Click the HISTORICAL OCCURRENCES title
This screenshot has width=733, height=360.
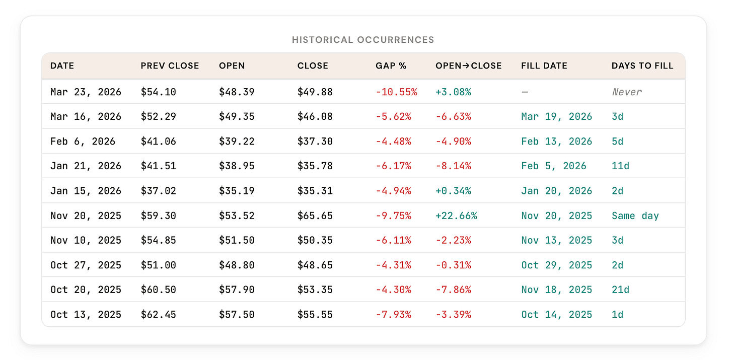[363, 40]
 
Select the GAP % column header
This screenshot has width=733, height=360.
[391, 66]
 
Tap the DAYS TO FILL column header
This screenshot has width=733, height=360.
[642, 66]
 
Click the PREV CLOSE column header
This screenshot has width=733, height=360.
[170, 66]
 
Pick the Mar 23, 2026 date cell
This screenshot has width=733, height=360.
[86, 92]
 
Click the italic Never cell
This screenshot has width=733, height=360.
[627, 92]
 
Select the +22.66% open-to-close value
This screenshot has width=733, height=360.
[456, 216]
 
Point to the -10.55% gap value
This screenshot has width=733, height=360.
[396, 92]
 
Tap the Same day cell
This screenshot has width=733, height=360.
[635, 216]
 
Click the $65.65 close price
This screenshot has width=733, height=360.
[315, 216]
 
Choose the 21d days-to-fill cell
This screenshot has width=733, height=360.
[620, 290]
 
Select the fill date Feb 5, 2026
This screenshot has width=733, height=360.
[554, 166]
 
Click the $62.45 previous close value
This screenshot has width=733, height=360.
[158, 315]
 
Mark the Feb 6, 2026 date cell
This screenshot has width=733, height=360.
[83, 141]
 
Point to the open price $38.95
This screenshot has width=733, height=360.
[237, 166]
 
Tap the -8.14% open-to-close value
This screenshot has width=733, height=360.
[453, 166]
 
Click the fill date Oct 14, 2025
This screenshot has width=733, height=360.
[557, 315]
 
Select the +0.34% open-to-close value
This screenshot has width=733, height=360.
[453, 191]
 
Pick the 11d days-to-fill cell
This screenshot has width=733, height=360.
[620, 166]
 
